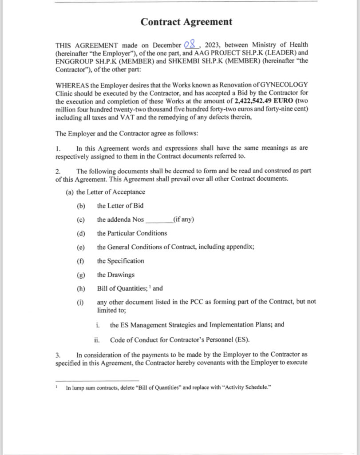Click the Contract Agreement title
[x=186, y=21]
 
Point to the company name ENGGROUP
[x=73, y=62]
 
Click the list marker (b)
[x=80, y=206]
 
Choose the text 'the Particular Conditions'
[x=132, y=233]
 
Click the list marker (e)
[x=80, y=247]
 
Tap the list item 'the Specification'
[x=120, y=261]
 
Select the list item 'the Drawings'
[x=115, y=275]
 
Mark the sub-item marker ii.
[x=96, y=340]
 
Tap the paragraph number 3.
[x=58, y=355]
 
